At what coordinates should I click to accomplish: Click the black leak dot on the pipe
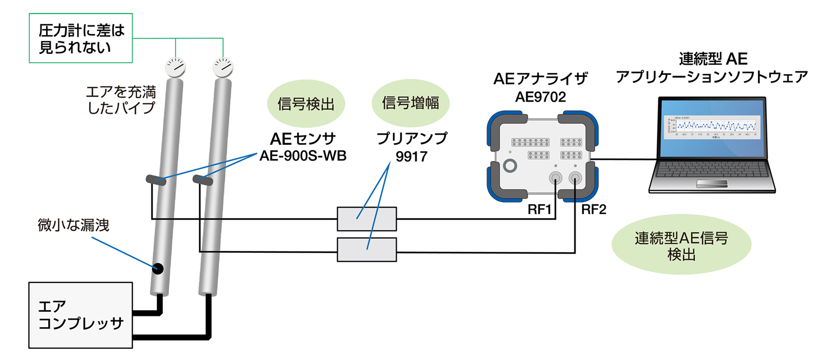tap(158, 268)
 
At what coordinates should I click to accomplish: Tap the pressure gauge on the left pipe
tap(176, 67)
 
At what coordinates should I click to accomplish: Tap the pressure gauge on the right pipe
tap(223, 67)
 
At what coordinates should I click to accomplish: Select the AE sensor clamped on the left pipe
tap(156, 180)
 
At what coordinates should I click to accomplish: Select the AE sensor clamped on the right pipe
tap(203, 180)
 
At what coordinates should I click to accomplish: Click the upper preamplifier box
tap(366, 219)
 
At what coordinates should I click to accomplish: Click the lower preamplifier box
tap(366, 250)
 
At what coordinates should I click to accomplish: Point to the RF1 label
tap(539, 209)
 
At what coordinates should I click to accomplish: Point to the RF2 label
tap(594, 209)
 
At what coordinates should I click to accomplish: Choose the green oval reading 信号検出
tap(306, 104)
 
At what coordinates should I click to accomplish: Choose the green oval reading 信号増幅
tap(410, 103)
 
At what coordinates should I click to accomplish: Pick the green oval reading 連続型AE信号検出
tap(681, 245)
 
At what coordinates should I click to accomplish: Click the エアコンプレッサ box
tap(80, 315)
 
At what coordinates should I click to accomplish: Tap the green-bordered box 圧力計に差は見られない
tap(81, 39)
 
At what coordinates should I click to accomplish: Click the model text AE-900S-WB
tap(303, 156)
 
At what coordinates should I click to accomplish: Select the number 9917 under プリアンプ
tap(411, 157)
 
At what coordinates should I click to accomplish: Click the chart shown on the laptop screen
tap(712, 126)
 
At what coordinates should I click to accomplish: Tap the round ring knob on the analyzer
tap(510, 166)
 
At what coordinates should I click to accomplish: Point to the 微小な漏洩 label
tap(73, 225)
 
